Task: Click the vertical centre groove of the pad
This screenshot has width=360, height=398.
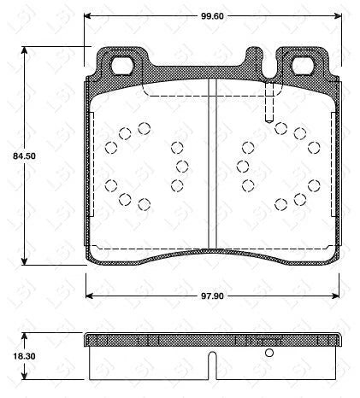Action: tap(212, 162)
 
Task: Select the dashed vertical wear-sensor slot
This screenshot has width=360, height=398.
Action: tap(269, 102)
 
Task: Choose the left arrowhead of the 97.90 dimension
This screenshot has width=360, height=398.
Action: tap(90, 296)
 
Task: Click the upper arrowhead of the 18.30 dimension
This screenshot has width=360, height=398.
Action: tap(23, 336)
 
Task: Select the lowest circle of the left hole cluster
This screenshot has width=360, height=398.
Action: tap(144, 202)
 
